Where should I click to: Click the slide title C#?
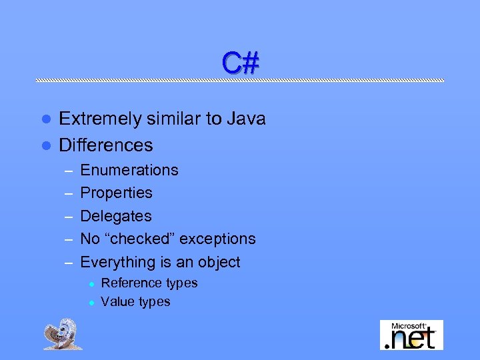240,63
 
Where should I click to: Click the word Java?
247,119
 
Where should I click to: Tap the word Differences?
106,145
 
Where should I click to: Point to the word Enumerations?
129,170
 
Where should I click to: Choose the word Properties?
116,193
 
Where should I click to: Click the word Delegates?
116,216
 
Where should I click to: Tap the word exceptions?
218,239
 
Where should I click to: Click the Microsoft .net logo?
411,335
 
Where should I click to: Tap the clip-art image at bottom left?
63,333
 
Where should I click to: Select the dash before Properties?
67,193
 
